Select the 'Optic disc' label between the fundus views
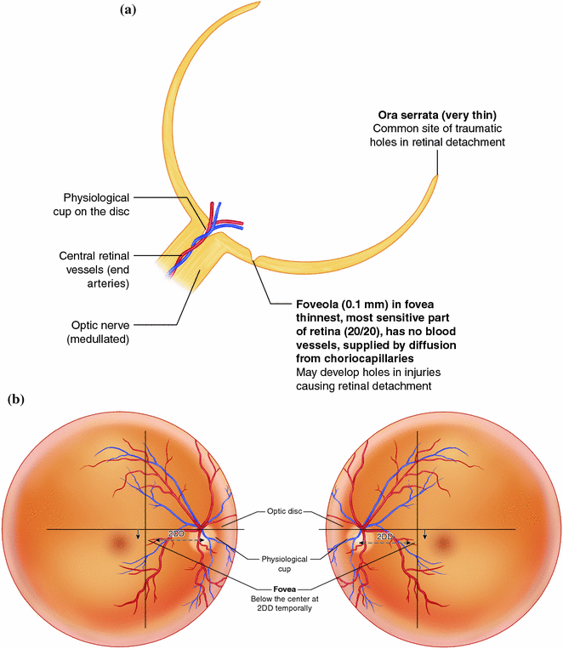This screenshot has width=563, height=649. pos(281,512)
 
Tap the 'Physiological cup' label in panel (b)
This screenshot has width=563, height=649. pos(281,561)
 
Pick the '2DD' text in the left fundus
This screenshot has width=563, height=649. pos(176,533)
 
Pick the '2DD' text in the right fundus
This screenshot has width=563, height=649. pos(384,537)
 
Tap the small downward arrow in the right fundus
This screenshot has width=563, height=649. pos(425,535)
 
